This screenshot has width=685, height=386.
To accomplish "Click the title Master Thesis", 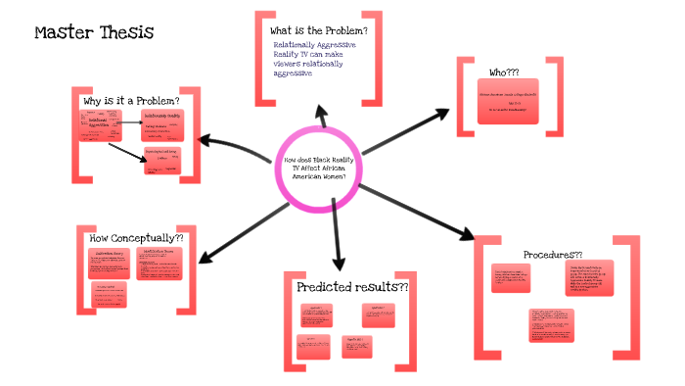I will (x=94, y=33).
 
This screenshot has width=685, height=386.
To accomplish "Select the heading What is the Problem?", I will (x=318, y=30).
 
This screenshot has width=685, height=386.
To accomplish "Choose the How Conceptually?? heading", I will (x=136, y=238).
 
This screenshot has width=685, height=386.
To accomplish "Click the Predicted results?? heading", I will (x=351, y=287).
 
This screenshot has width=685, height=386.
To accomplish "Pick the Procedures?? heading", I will (x=553, y=254).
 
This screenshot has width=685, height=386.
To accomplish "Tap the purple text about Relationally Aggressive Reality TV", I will (x=314, y=59).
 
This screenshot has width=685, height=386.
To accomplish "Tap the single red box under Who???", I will (x=510, y=104).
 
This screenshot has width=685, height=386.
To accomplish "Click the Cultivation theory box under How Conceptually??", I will (x=110, y=265).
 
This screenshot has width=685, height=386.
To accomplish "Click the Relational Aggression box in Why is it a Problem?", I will (x=99, y=123).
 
